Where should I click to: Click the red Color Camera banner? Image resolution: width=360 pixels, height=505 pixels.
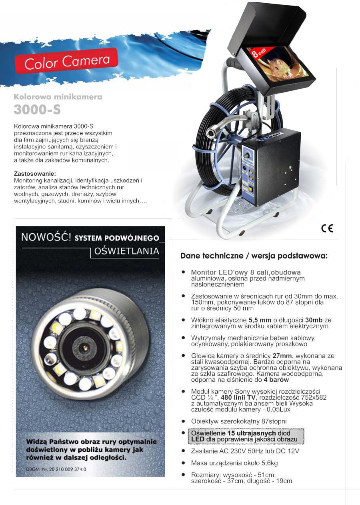[67, 61]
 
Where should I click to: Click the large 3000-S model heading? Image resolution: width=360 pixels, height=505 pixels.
[37, 109]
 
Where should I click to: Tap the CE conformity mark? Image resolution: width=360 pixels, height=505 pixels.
[327, 228]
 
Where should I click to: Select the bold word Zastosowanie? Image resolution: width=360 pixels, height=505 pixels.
[35, 174]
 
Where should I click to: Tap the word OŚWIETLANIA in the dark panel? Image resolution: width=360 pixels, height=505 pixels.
[127, 252]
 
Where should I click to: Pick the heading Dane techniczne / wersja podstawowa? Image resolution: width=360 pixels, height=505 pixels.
[254, 255]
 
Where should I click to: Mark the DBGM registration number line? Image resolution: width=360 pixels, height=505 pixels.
[56, 469]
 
